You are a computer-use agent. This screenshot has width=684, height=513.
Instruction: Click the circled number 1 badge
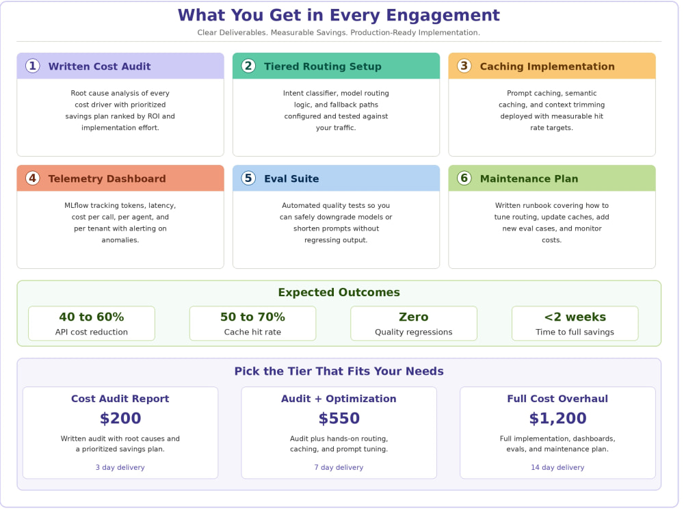pyautogui.click(x=33, y=66)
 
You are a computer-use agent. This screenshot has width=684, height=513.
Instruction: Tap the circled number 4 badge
pyautogui.click(x=33, y=179)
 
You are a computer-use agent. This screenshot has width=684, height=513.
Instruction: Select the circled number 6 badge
pyautogui.click(x=464, y=179)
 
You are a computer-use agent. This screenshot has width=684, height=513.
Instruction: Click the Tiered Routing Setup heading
pyautogui.click(x=323, y=66)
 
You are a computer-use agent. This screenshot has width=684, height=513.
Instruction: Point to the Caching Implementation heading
pyautogui.click(x=547, y=66)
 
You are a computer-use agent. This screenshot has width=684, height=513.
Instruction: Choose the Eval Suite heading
pyautogui.click(x=291, y=179)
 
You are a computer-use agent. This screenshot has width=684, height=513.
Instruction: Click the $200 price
pyautogui.click(x=120, y=419)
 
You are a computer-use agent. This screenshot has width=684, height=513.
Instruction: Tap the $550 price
pyautogui.click(x=339, y=419)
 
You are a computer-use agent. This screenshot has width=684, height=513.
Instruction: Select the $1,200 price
pyautogui.click(x=557, y=419)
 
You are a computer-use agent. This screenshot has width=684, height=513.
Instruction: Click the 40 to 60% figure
pyautogui.click(x=92, y=317)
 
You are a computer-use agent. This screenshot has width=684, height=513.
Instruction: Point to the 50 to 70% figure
pyautogui.click(x=252, y=317)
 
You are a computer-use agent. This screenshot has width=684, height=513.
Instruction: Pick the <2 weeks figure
pyautogui.click(x=575, y=317)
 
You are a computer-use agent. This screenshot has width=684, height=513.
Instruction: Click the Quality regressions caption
pyautogui.click(x=414, y=332)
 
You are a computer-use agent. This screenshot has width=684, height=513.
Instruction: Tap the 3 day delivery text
pyautogui.click(x=120, y=467)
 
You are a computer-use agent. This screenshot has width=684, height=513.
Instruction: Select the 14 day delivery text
pyautogui.click(x=557, y=467)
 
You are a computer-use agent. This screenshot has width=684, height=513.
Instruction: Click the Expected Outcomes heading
pyautogui.click(x=339, y=292)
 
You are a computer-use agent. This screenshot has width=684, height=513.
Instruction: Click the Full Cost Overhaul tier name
pyautogui.click(x=557, y=399)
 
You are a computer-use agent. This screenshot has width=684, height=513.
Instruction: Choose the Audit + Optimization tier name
pyautogui.click(x=339, y=399)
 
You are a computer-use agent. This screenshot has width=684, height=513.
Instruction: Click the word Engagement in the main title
pyautogui.click(x=443, y=16)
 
